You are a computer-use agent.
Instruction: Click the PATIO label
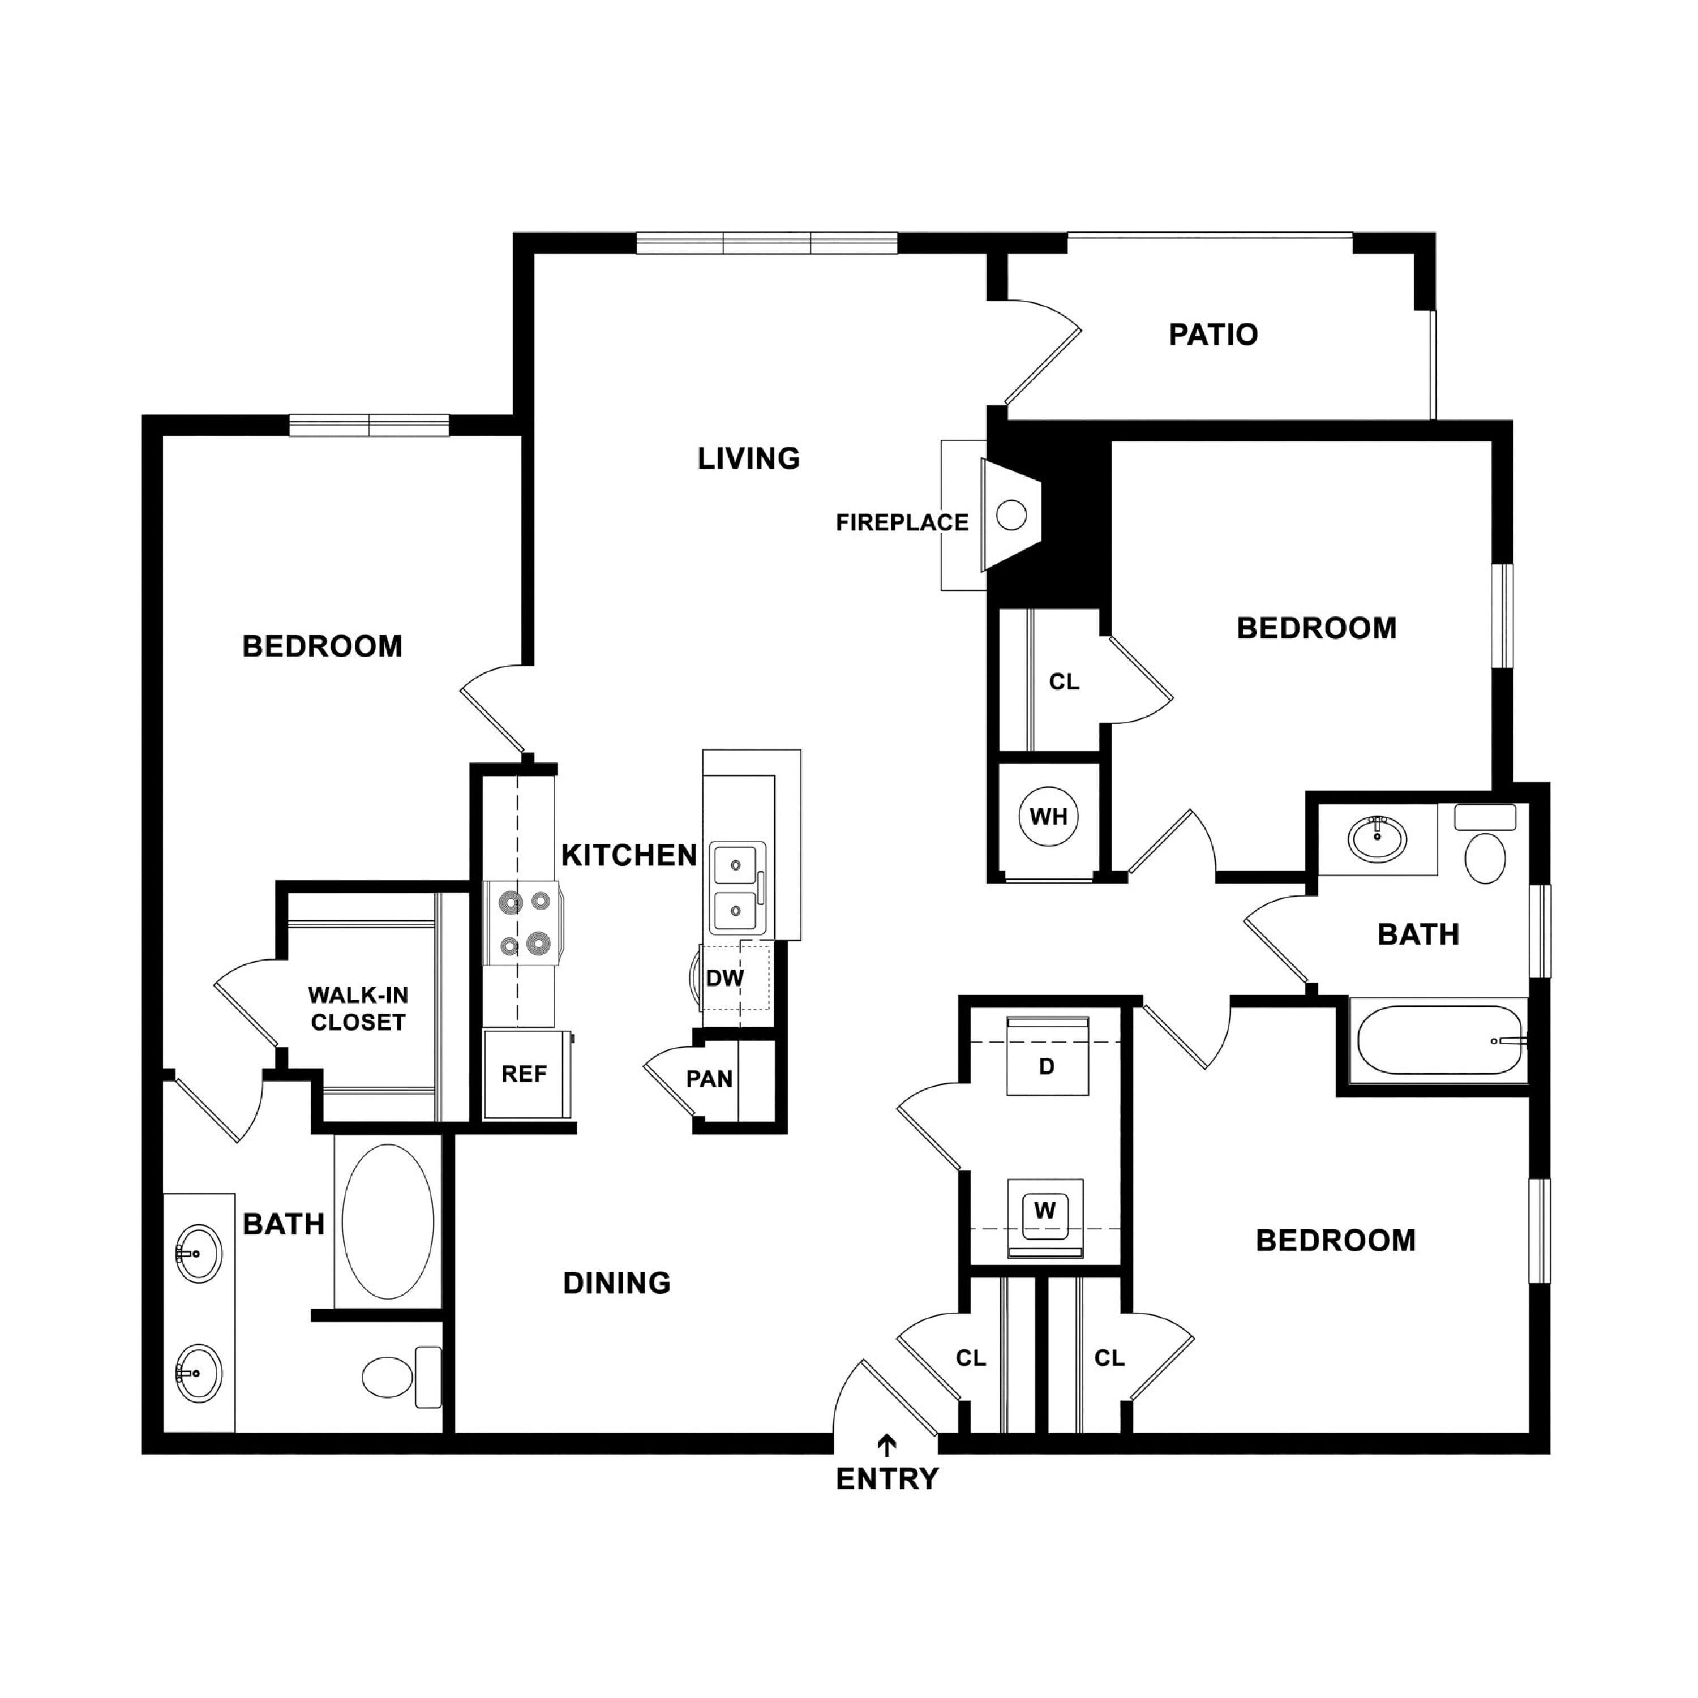click(1213, 334)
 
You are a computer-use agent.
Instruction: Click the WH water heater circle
click(1048, 817)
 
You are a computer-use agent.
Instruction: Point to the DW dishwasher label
click(725, 977)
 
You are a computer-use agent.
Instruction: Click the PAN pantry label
click(709, 1078)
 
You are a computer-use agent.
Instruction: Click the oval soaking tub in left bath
click(388, 1221)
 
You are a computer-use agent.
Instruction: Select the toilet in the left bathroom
click(402, 1377)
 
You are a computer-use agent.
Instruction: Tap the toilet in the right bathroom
click(1485, 844)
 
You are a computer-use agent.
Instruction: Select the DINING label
click(617, 1283)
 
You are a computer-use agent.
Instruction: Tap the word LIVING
click(749, 458)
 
